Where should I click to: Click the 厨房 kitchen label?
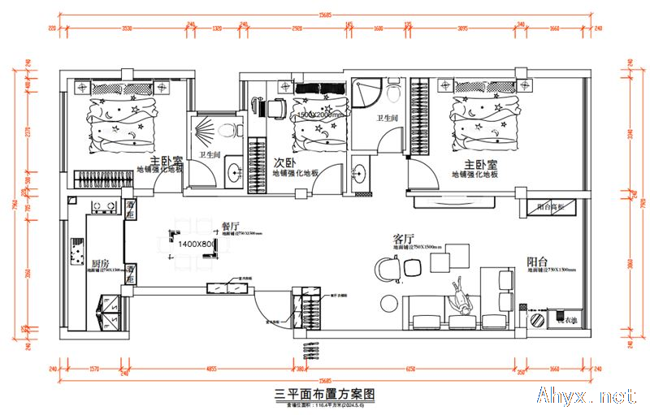click(x=100, y=264)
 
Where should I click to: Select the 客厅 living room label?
click(x=404, y=239)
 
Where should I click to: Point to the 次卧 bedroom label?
click(x=284, y=162)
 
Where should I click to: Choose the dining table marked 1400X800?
click(x=195, y=244)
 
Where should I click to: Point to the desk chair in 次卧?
click(x=275, y=105)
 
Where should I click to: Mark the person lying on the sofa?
click(x=461, y=296)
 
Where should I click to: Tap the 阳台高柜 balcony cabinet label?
click(x=549, y=206)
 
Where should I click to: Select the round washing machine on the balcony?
click(x=536, y=321)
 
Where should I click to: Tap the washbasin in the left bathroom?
click(x=234, y=171)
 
